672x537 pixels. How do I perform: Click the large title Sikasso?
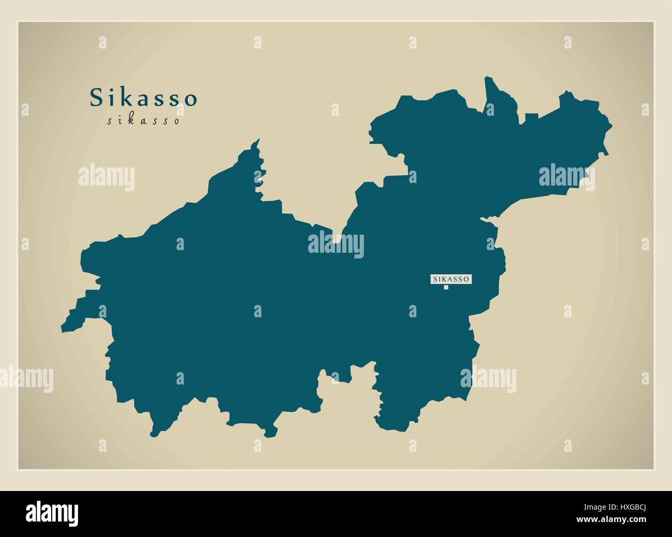(144, 98)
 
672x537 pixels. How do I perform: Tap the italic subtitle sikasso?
(144, 121)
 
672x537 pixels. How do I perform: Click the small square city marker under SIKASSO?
(446, 287)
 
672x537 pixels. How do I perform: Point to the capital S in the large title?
(97, 98)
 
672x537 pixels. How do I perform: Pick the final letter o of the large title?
(191, 100)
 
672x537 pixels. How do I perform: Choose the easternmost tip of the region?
(610, 125)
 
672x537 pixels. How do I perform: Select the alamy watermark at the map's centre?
(336, 244)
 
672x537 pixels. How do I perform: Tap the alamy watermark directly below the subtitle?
(106, 178)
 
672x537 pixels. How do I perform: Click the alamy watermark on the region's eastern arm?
(567, 178)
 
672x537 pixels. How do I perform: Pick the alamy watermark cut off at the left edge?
(26, 378)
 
